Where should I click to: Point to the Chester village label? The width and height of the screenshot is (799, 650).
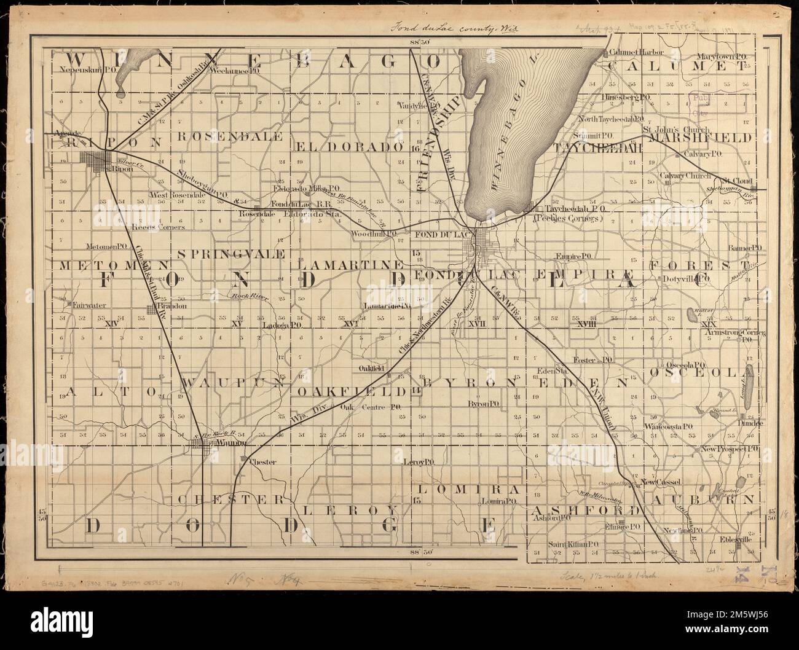(262, 461)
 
